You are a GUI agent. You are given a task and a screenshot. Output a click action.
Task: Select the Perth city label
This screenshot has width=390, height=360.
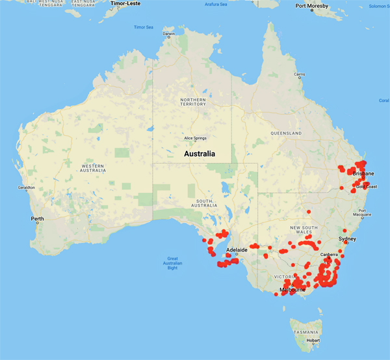pyautogui.click(x=38, y=218)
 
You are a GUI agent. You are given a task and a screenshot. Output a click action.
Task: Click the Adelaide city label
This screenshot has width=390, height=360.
pyautogui.click(x=236, y=250)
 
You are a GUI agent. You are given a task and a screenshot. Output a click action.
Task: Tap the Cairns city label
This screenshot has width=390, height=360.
pyautogui.click(x=299, y=75)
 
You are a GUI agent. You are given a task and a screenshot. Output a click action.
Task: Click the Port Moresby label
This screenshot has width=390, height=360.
pyautogui.click(x=311, y=6)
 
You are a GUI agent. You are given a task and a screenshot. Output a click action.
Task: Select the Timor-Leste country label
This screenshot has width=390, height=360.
pyautogui.click(x=126, y=3)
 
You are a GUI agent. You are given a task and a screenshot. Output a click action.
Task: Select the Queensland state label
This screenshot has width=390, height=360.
pyautogui.click(x=287, y=133)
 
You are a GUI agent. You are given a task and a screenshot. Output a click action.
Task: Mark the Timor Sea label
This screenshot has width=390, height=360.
pyautogui.click(x=144, y=27)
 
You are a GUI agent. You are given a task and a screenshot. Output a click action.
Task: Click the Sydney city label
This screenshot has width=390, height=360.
pyautogui.click(x=348, y=239)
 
